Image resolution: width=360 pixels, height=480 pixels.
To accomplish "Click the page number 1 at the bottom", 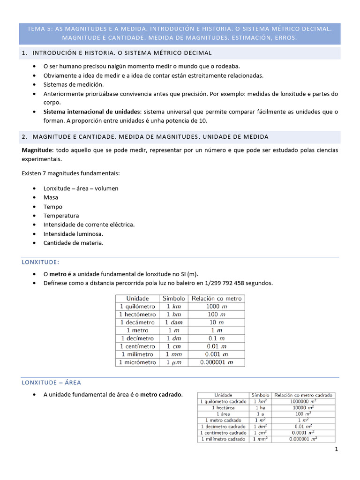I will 336,450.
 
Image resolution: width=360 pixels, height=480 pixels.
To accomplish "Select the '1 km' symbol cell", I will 173,306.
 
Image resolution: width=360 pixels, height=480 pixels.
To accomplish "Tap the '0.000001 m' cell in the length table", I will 216,362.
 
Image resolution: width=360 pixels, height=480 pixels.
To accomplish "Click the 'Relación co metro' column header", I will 216,298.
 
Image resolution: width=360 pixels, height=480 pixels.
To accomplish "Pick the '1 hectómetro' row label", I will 137,314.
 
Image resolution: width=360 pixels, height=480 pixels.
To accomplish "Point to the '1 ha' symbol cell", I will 260,408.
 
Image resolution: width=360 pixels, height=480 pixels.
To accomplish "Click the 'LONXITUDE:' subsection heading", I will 41,262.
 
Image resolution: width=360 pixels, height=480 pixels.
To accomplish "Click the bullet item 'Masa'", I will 51,197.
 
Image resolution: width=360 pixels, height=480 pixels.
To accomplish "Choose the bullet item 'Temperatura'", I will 61,216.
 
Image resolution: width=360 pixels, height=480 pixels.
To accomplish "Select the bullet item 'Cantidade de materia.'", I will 73,243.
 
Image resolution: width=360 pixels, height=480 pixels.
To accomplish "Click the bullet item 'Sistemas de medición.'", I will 74,84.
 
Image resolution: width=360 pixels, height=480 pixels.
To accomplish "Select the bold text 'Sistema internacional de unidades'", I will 92,112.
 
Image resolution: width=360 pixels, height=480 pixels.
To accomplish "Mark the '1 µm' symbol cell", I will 173,362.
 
